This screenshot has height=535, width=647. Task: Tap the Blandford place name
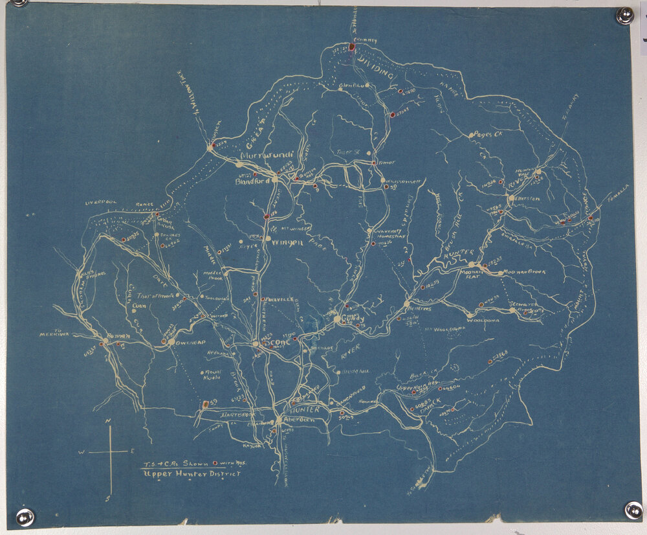252,183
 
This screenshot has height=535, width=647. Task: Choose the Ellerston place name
526,198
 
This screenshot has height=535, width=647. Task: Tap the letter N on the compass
110,422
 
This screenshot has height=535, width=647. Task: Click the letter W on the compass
82,451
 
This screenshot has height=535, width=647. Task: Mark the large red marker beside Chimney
352,47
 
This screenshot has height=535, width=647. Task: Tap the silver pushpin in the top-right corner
624,16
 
